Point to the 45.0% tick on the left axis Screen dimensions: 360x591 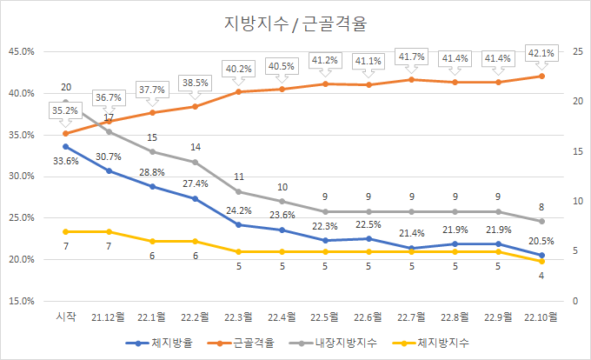click(21, 51)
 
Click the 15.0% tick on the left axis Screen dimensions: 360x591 click(21, 301)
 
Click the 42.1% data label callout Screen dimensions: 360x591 click(541, 52)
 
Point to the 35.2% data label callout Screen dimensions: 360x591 click(65, 110)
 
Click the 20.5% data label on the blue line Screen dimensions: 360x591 click(542, 241)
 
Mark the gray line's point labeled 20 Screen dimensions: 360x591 click(65, 102)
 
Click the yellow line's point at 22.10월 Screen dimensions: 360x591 click(541, 261)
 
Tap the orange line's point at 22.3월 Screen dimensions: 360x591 click(238, 91)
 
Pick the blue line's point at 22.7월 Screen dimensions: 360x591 click(411, 248)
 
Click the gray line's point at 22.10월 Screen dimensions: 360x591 click(541, 221)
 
